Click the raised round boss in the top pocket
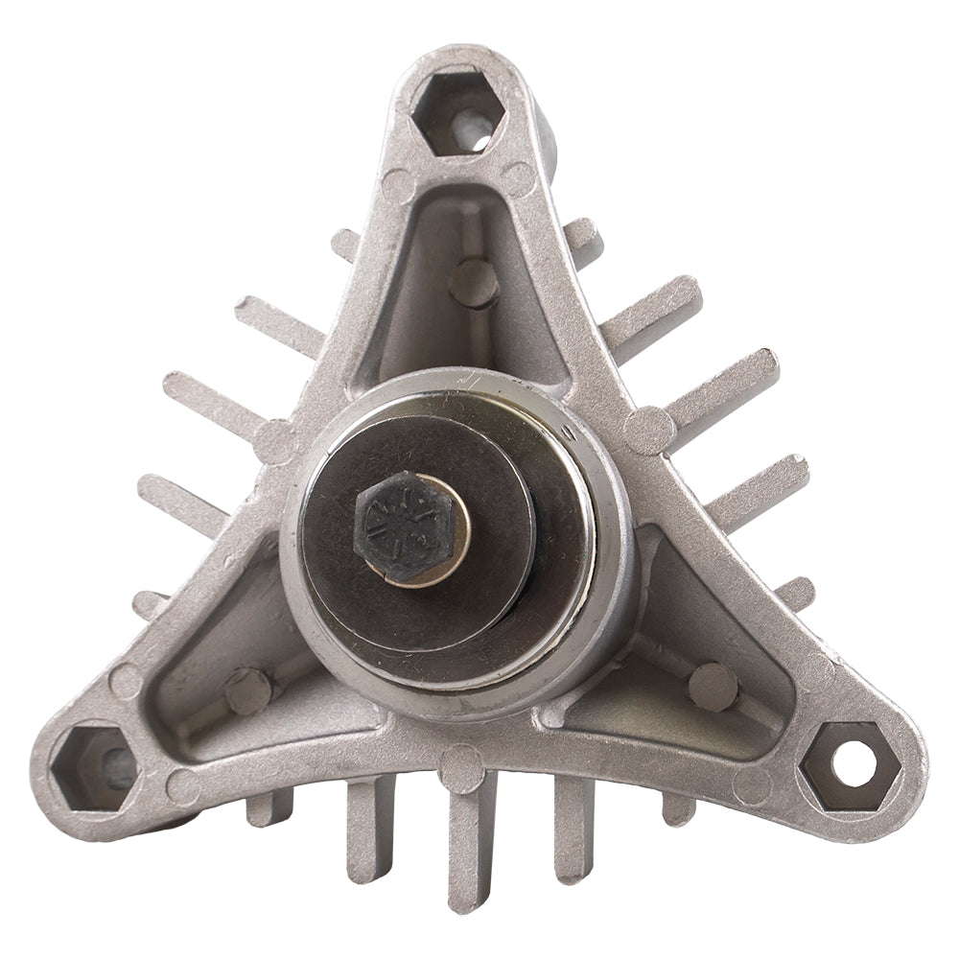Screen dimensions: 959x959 tap(476, 282)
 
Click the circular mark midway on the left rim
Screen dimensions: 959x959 tap(277, 443)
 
